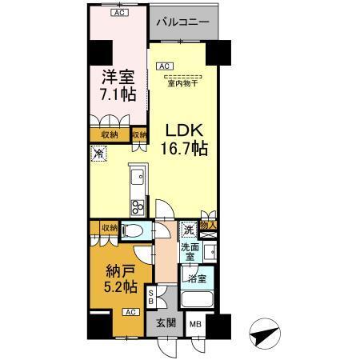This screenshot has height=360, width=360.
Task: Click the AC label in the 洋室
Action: point(118,14)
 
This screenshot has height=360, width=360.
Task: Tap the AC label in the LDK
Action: point(163,66)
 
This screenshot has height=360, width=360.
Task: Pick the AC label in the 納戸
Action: point(128,313)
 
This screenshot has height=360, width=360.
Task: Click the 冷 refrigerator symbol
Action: point(98,155)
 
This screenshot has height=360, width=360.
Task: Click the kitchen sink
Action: point(134,175)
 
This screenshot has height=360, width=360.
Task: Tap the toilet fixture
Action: point(134,231)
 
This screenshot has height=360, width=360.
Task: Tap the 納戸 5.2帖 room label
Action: point(117,277)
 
